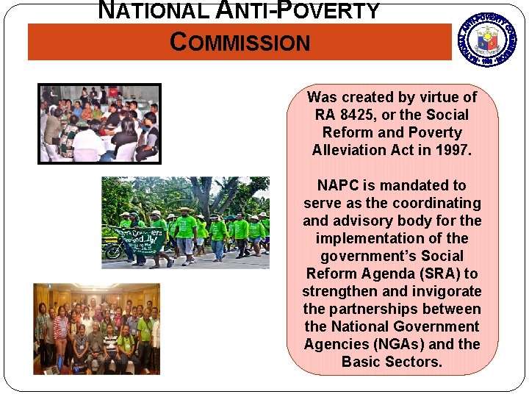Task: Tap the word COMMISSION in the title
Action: (240, 43)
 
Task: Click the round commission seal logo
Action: (488, 38)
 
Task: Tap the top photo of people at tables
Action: (100, 124)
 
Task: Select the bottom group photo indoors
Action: (96, 328)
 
